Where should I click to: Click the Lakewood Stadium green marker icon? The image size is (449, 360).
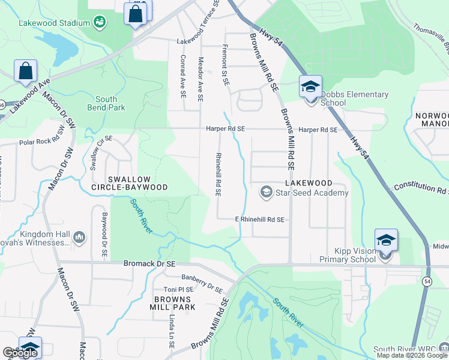[100, 23]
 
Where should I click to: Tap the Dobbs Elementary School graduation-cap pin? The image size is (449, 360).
[310, 88]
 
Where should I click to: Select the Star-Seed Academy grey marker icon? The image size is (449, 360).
[265, 192]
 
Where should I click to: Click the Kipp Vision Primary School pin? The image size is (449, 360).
[386, 241]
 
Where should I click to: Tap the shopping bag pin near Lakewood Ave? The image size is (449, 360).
[26, 71]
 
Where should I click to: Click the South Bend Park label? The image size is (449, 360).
[110, 103]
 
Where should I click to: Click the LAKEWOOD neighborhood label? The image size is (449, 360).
[309, 182]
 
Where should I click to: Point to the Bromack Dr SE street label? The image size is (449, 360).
[149, 263]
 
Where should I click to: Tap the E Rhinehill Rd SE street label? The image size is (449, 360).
[259, 220]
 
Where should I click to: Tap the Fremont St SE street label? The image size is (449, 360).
[226, 65]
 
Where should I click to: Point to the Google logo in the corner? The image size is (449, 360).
[20, 353]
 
